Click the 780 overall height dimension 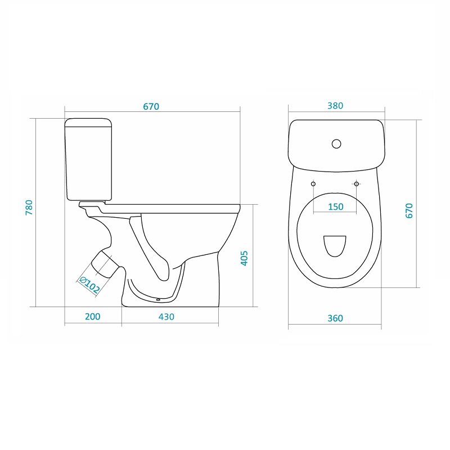point(29,207)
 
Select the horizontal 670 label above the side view point(151,106)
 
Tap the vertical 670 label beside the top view point(409,210)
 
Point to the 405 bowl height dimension point(244,258)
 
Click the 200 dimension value point(93,317)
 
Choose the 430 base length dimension point(166,317)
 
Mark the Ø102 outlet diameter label point(89,285)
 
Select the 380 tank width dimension point(335,106)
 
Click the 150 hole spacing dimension point(335,206)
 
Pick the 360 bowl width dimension point(335,318)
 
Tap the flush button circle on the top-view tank point(336,143)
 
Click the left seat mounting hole point(313,184)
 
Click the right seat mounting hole point(357,184)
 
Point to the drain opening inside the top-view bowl point(335,246)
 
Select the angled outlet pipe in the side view point(105,263)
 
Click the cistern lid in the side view point(88,123)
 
